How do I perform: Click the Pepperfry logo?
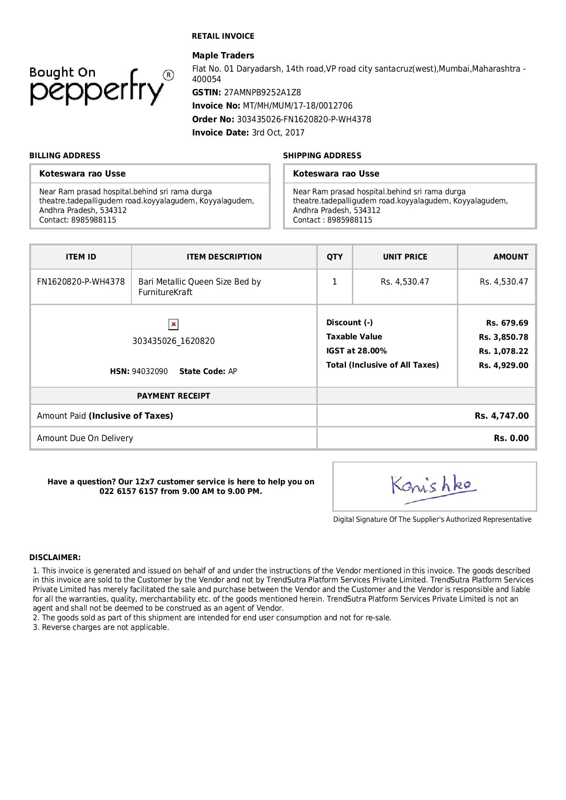point(101,87)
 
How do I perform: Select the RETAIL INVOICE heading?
point(223,36)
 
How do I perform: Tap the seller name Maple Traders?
point(223,56)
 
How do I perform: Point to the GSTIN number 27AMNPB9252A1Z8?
point(262,93)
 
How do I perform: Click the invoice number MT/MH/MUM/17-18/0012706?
point(297,106)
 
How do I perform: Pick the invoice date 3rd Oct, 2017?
point(278,133)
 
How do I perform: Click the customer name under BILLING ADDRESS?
point(82,174)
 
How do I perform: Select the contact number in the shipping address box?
point(350,220)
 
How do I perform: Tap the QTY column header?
point(334,257)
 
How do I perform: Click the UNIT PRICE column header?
point(405,257)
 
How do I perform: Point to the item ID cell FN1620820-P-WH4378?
point(81,282)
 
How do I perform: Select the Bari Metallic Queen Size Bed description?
point(199,287)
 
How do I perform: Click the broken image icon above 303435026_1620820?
point(173,324)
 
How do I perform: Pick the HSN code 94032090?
point(150,372)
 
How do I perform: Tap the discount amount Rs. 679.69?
point(507,323)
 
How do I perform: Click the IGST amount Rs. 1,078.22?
point(503,352)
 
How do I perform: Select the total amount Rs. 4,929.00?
point(503,366)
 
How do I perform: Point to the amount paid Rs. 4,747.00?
point(501,416)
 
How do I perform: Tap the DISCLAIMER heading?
point(55,557)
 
